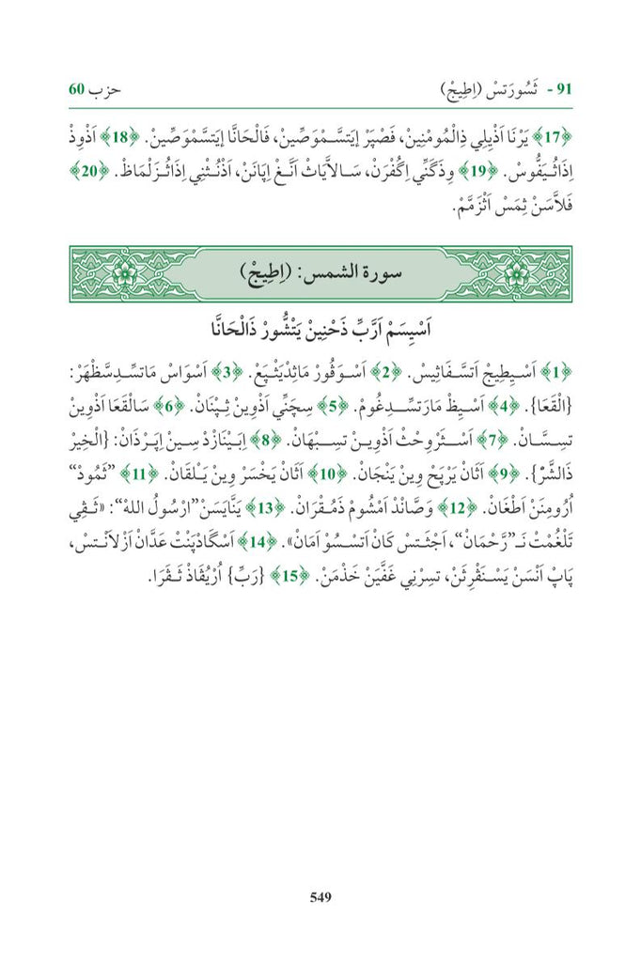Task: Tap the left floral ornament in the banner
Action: pyautogui.click(x=122, y=276)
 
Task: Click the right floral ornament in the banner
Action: pyautogui.click(x=518, y=276)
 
